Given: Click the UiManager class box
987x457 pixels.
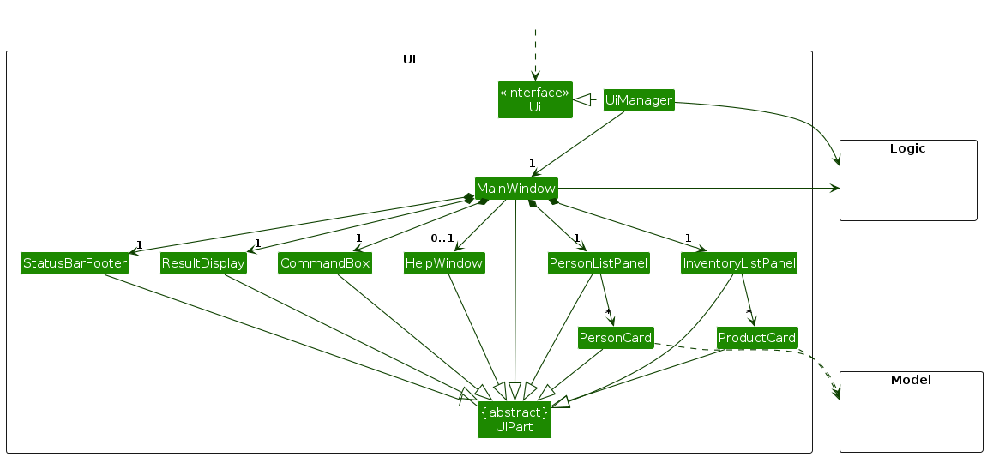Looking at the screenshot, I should pos(638,100).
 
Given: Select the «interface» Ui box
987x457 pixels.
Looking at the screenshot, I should pos(535,99).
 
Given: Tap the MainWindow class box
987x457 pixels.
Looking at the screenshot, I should pos(516,188).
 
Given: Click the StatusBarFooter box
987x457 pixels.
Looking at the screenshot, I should pos(75,263).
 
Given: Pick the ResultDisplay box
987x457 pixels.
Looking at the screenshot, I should pos(203,263).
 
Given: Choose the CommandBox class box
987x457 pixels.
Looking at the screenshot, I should pos(325,263).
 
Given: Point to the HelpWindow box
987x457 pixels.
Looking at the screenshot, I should pos(444,263).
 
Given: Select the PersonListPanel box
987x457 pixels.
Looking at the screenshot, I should pos(599,263).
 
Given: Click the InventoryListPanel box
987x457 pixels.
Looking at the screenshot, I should pos(739,263).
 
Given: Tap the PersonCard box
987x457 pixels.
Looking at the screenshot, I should pos(616,338).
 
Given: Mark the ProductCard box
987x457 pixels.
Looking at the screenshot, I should pos(757,338).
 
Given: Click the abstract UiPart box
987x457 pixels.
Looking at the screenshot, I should pos(515,419).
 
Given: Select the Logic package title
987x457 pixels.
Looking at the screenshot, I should pos(907,148).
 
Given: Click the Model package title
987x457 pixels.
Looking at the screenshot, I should pos(911,380).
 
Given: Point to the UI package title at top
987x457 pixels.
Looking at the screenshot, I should pos(409,59).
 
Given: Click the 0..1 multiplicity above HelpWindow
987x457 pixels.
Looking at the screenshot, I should pos(442,238).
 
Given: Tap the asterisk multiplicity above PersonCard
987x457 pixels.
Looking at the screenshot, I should pos(607,312).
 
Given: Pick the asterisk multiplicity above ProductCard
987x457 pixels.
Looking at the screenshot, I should pos(749,312).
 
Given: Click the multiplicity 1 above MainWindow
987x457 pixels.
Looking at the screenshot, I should pos(532,163).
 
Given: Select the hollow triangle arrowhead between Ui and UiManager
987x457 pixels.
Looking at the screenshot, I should pos(582,100).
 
